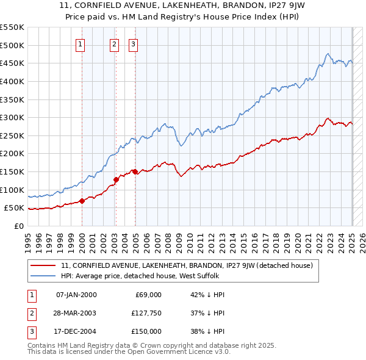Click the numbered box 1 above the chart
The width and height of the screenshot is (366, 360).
click(81, 43)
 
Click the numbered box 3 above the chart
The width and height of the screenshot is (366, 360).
click(133, 43)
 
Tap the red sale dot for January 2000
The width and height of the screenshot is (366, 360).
click(82, 201)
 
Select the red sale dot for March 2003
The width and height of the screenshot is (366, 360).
click(115, 179)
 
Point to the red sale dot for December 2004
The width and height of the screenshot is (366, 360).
click(134, 171)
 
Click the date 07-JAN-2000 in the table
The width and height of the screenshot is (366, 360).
click(76, 295)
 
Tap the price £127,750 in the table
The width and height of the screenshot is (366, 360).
click(145, 313)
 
